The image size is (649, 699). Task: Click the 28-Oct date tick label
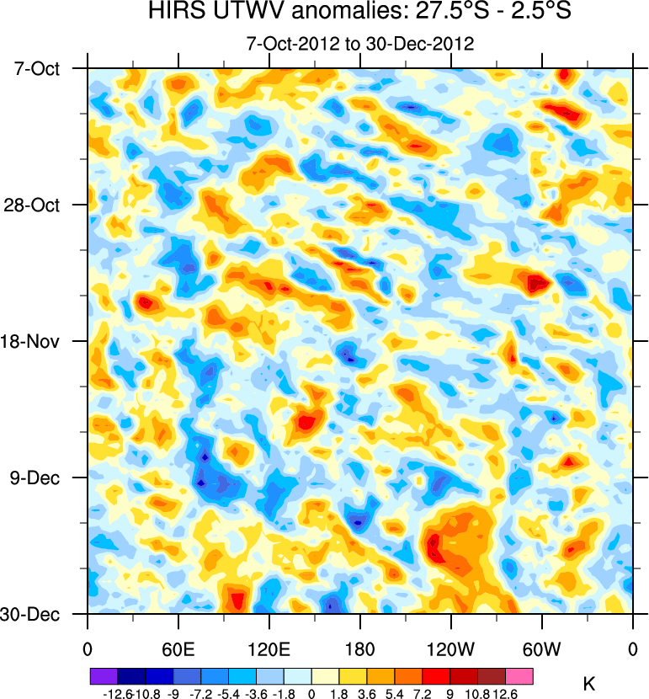coord(39,205)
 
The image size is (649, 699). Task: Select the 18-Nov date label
coord(39,342)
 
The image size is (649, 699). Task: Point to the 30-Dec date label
coord(39,615)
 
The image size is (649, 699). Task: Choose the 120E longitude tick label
coord(269,649)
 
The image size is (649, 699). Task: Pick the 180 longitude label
coord(359,649)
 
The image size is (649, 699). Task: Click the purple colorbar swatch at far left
coord(104,675)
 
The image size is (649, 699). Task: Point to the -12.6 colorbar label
coord(117,693)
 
